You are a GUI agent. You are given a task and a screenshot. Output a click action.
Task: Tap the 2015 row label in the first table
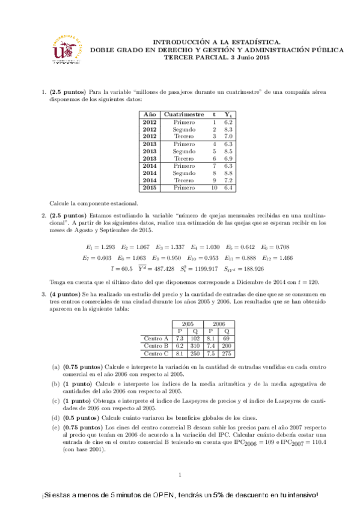(x=150, y=188)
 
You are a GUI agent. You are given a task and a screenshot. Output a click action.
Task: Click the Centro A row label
(x=157, y=339)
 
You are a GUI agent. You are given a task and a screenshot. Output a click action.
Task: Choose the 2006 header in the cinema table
(x=219, y=324)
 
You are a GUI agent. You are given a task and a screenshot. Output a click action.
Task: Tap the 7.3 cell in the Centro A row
(x=179, y=339)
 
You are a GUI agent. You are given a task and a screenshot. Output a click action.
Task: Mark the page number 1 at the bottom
(x=180, y=475)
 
